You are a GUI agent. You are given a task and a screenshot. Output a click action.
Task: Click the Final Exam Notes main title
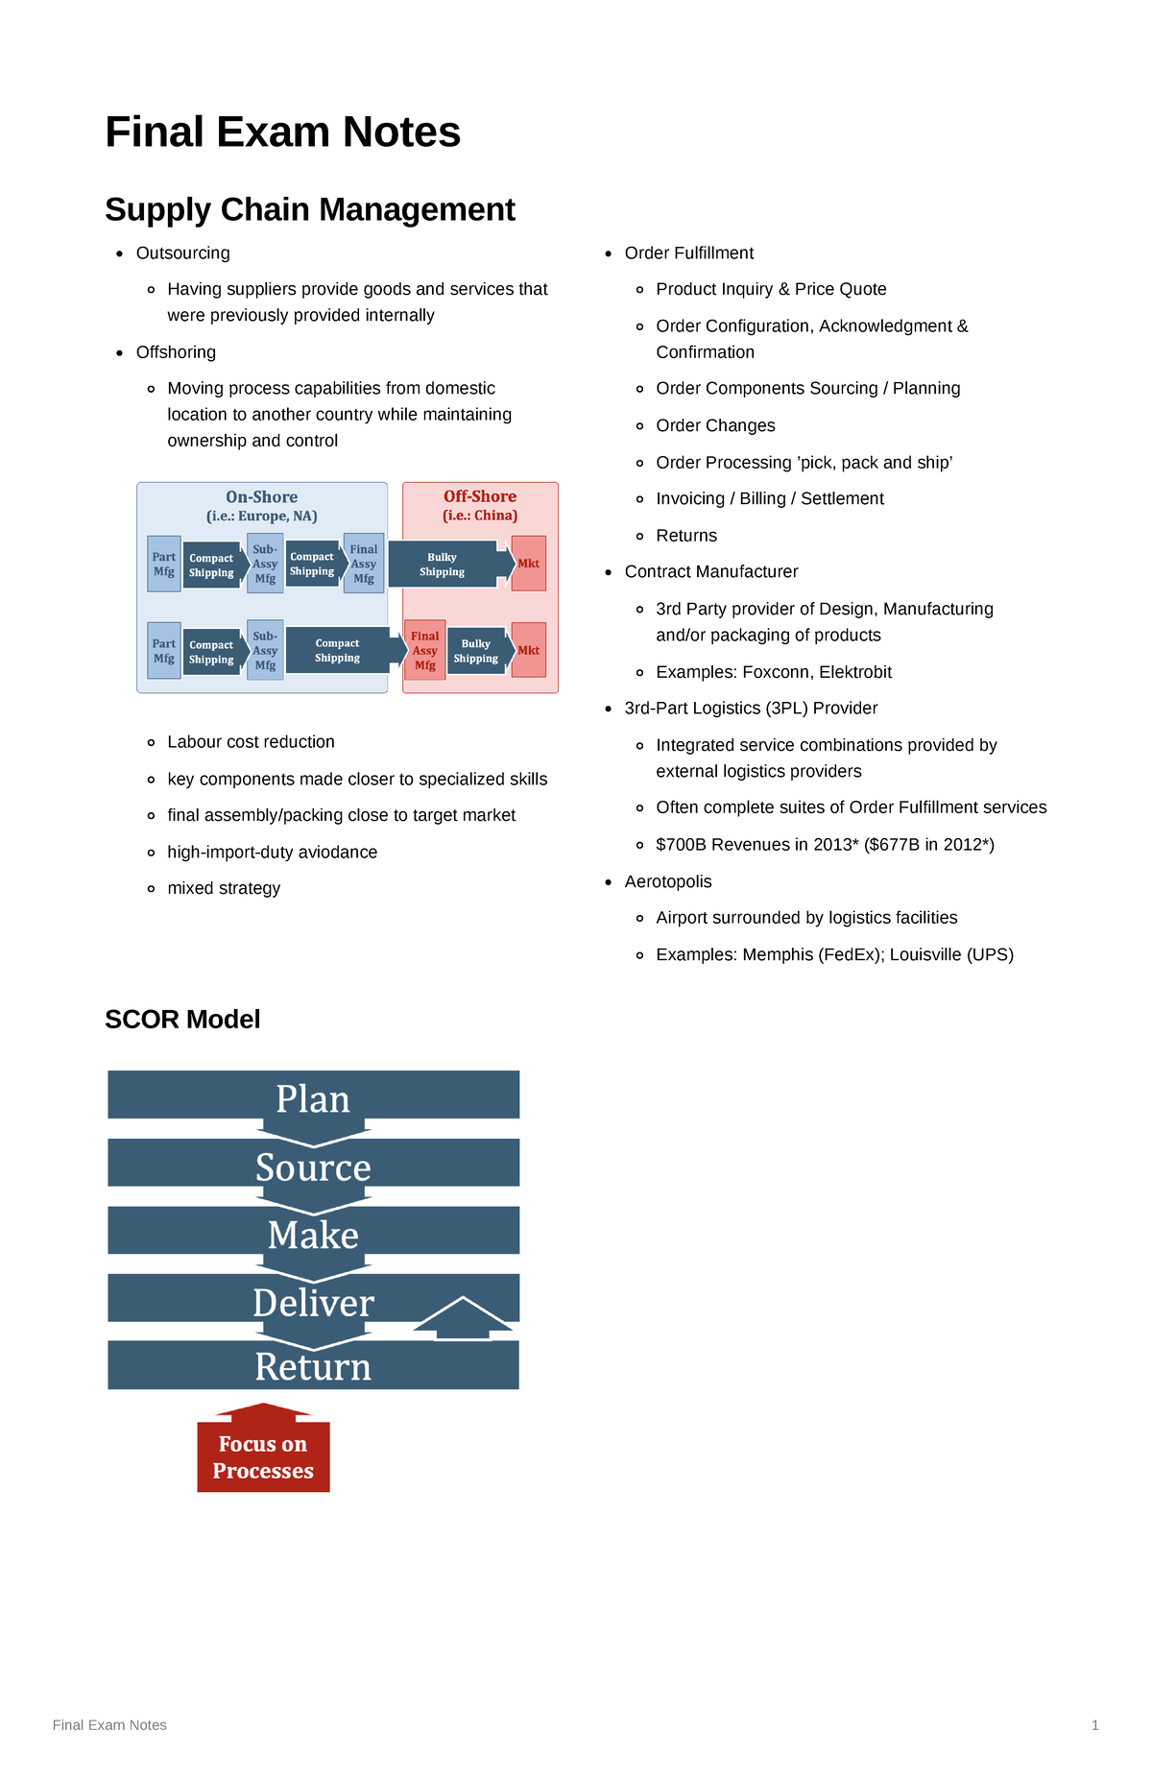point(282,132)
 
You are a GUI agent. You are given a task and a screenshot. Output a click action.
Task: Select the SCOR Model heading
point(182,1020)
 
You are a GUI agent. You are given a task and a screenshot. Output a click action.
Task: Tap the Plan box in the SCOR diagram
point(313,1096)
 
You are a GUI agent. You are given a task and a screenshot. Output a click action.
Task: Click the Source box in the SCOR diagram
point(313,1166)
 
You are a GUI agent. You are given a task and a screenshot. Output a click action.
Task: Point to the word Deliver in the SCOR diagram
point(313,1302)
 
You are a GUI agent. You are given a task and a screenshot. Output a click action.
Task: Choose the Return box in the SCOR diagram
point(313,1366)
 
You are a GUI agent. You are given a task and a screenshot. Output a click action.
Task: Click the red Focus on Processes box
point(263,1457)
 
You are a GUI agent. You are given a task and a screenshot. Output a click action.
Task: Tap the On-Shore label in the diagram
point(261,497)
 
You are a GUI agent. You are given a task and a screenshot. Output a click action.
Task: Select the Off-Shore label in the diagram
point(480,496)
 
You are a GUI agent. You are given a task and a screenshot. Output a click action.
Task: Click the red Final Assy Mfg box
point(424,650)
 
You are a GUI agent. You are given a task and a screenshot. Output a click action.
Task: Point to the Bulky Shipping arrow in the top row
point(444,565)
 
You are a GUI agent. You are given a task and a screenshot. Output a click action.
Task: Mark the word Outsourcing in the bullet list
point(182,253)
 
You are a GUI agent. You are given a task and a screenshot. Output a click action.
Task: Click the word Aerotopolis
point(668,881)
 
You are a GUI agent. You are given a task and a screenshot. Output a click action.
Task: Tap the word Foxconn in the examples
point(774,672)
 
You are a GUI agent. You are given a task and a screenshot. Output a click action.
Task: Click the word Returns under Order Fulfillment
point(686,536)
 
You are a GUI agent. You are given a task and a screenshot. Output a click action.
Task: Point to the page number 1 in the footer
point(1094,1725)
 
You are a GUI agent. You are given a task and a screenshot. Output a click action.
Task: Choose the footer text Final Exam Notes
point(109,1725)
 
